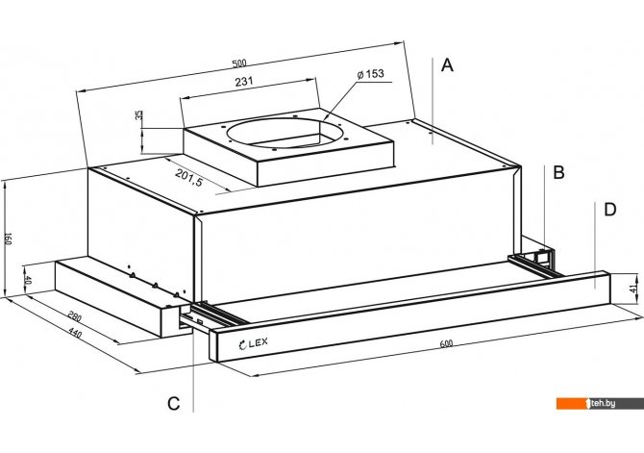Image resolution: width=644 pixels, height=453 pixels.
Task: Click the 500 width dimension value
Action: coord(239,63)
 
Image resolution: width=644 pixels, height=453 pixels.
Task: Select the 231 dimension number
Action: coord(244,82)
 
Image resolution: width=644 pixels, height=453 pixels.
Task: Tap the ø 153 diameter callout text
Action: coord(370,74)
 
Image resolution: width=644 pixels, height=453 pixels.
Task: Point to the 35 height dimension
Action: coord(139,114)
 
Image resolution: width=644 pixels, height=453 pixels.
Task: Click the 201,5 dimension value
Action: coord(189,178)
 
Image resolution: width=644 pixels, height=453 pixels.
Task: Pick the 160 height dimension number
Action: coord(8,239)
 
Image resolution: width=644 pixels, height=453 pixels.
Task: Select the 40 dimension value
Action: coord(28,281)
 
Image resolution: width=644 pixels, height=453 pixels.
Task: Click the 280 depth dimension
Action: coord(75,316)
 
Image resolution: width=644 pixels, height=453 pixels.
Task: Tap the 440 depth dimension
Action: coord(75,333)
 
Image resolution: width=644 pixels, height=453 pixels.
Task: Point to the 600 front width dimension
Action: coord(446,343)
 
